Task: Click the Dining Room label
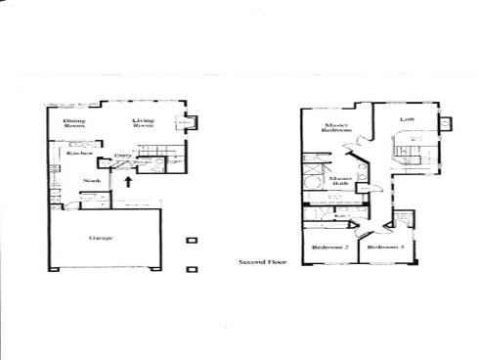(x=74, y=123)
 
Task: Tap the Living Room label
(x=145, y=122)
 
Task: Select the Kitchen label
(x=79, y=153)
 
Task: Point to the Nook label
(x=92, y=180)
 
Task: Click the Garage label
(x=101, y=238)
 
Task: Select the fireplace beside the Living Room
(x=188, y=123)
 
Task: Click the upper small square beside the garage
(x=192, y=240)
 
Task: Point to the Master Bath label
(x=339, y=183)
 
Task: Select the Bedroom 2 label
(x=330, y=248)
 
